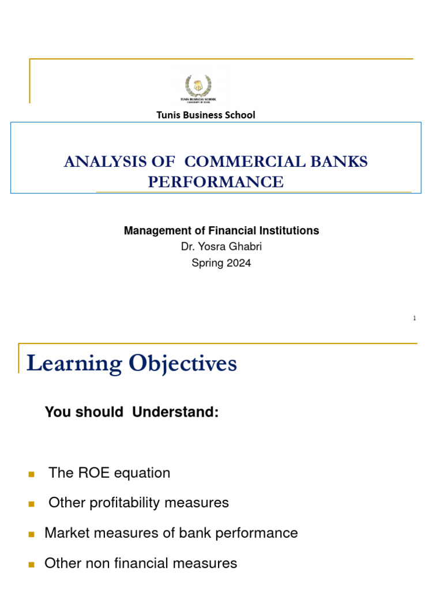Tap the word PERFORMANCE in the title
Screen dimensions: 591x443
pyautogui.click(x=216, y=182)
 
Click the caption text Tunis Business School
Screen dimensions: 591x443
pyautogui.click(x=206, y=115)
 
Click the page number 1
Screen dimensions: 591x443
pyautogui.click(x=414, y=319)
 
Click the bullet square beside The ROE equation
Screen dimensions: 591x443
pyautogui.click(x=32, y=474)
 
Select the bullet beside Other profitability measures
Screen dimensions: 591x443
pyautogui.click(x=32, y=504)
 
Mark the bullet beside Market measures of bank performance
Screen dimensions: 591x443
pyautogui.click(x=32, y=534)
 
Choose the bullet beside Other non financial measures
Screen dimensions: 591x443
pyautogui.click(x=32, y=564)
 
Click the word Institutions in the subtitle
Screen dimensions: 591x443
pyautogui.click(x=290, y=231)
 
